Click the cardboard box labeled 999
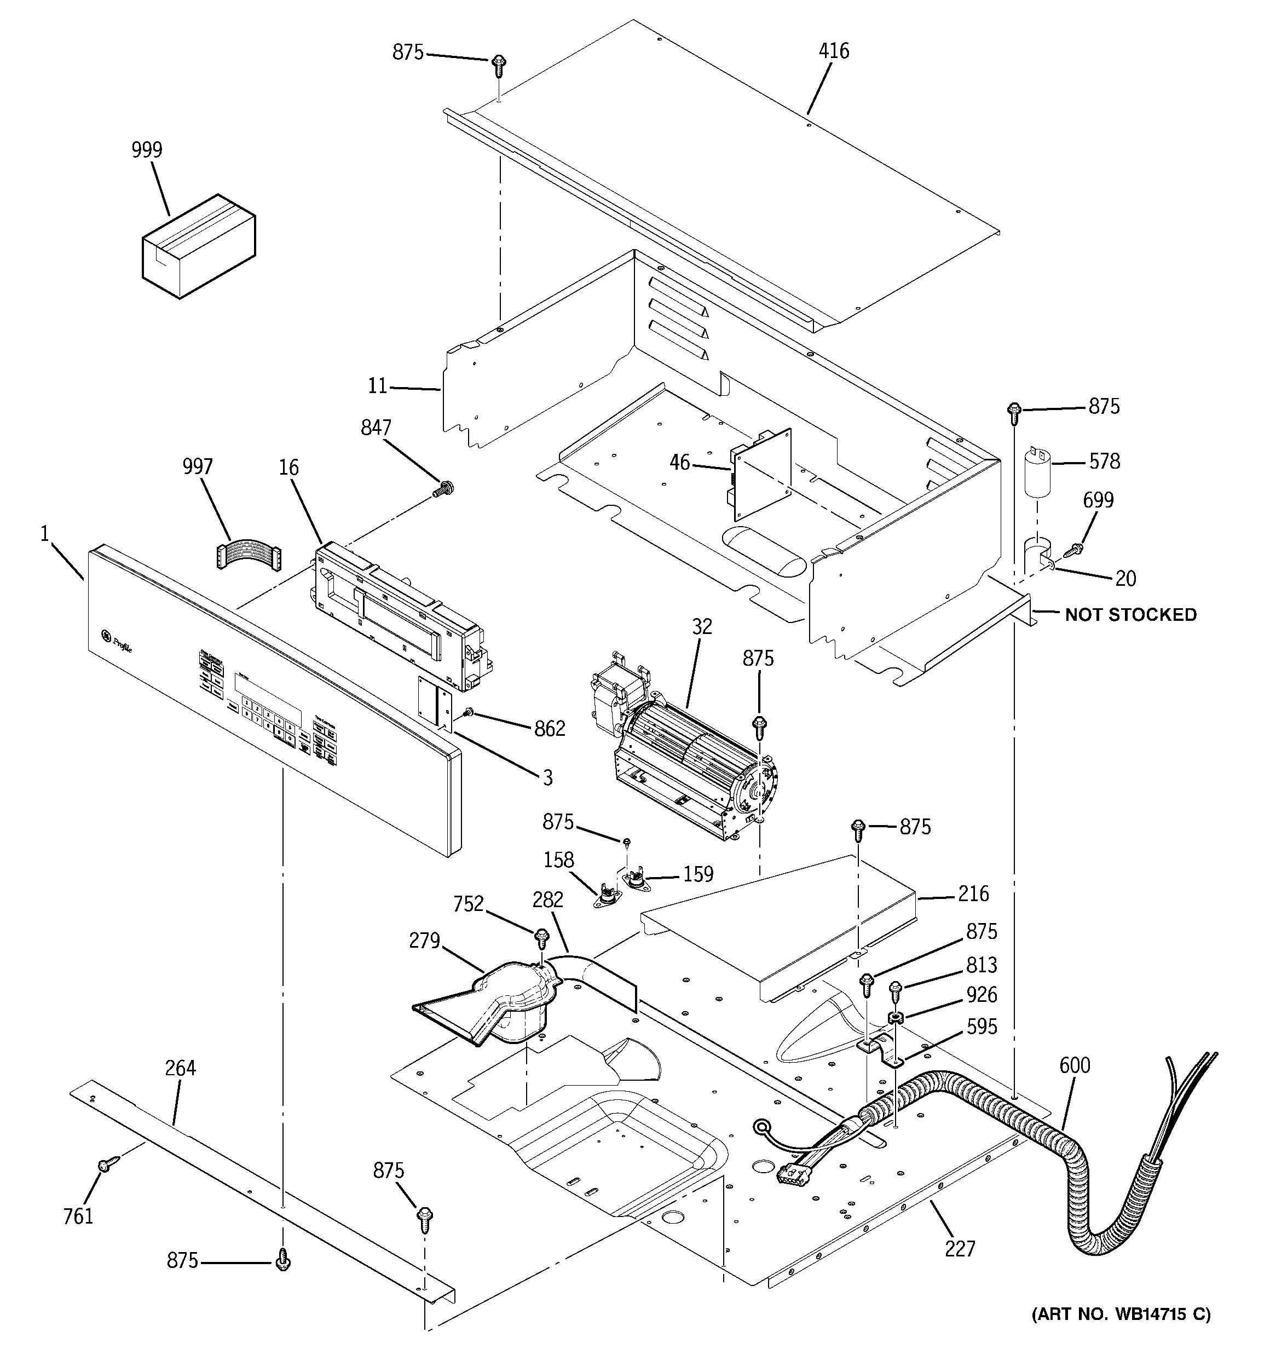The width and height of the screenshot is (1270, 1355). (198, 246)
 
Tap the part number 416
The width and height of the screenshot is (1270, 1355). (834, 51)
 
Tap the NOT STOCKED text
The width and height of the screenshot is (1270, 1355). (1130, 615)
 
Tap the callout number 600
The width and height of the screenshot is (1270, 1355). (1075, 1065)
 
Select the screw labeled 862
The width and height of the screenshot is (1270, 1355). (469, 712)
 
